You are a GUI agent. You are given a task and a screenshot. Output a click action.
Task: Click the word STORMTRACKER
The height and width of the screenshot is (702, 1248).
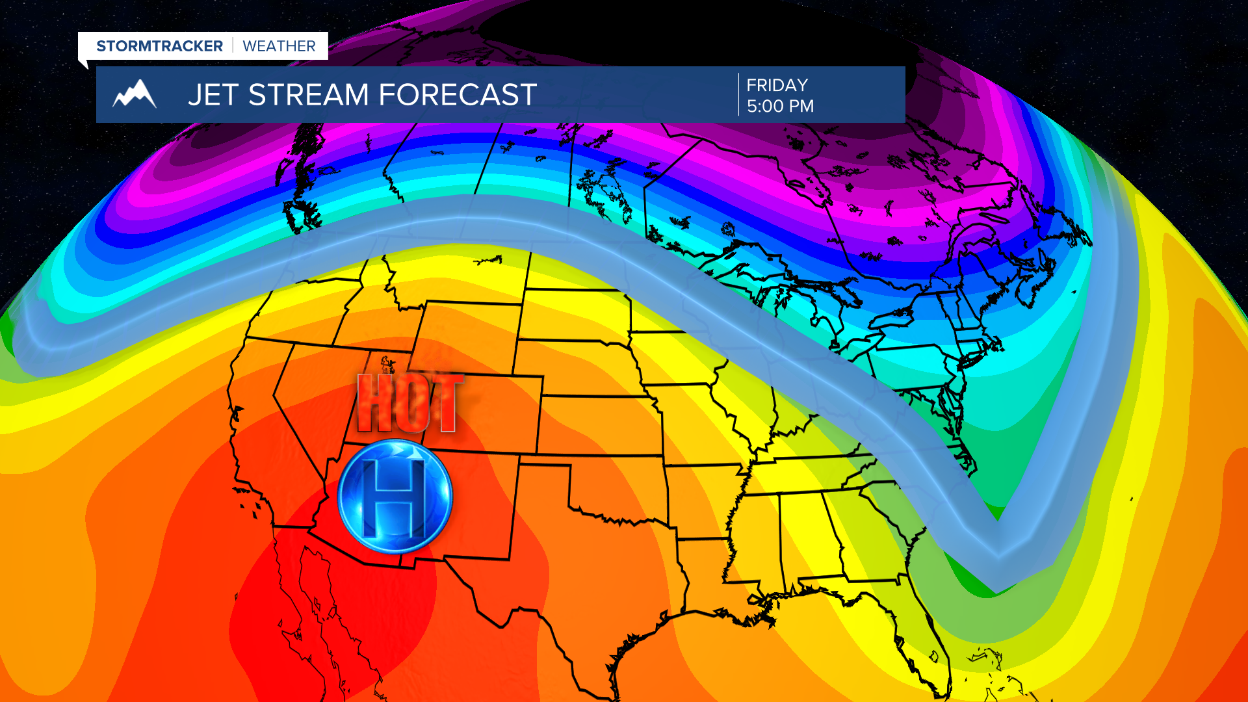[159, 46]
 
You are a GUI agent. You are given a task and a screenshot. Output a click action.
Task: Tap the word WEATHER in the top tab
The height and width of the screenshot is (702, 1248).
[279, 46]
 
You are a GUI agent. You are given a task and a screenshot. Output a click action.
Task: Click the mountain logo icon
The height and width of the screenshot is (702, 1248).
[135, 94]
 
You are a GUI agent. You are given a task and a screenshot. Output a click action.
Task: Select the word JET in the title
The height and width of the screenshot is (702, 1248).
[213, 95]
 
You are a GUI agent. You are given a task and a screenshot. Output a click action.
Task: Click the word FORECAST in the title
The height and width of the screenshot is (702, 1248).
[458, 95]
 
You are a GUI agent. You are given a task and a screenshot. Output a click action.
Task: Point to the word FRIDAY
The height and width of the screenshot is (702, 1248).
[777, 85]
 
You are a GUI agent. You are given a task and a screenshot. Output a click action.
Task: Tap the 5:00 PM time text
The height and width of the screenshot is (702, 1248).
[780, 106]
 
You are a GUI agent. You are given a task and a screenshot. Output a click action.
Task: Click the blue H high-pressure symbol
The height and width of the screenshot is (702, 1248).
[395, 496]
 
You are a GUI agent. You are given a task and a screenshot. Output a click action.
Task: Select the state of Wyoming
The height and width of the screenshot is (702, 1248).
[468, 338]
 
